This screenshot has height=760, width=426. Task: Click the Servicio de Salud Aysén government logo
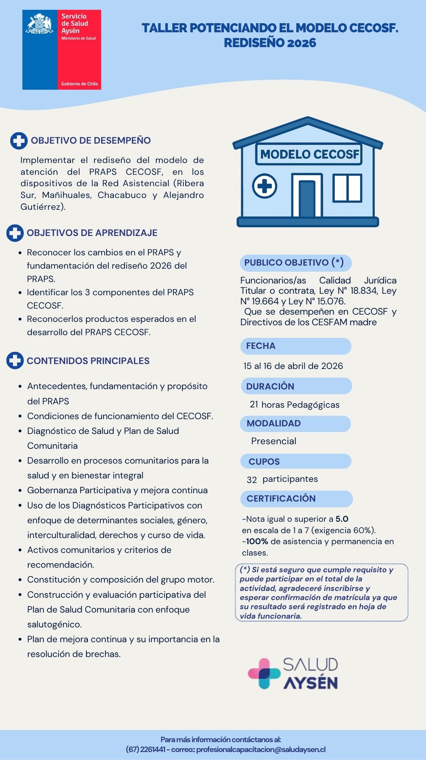coord(62,50)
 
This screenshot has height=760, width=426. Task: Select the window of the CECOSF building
coord(347,188)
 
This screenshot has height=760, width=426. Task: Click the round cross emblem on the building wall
coord(265,186)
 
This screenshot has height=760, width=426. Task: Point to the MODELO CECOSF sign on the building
coord(309,154)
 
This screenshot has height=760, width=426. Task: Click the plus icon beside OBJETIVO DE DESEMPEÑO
coord(19,141)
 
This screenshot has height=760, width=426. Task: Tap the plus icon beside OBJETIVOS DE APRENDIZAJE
coord(15,233)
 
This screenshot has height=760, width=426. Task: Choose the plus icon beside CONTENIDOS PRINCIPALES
coord(15,361)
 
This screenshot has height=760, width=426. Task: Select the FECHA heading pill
coord(296,346)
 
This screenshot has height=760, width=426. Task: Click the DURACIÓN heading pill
coord(296,386)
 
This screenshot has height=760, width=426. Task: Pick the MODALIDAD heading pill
coord(295,423)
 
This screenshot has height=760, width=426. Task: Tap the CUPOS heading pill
coord(295,461)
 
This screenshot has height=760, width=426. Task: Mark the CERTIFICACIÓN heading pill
coord(296,499)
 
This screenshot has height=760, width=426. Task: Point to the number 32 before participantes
coord(252,480)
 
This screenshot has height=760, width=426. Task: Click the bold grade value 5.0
coord(342,519)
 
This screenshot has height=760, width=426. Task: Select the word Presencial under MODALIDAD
coord(273,441)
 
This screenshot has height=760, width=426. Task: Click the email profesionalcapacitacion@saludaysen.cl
coord(261,749)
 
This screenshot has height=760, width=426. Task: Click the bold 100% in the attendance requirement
coord(257,541)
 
